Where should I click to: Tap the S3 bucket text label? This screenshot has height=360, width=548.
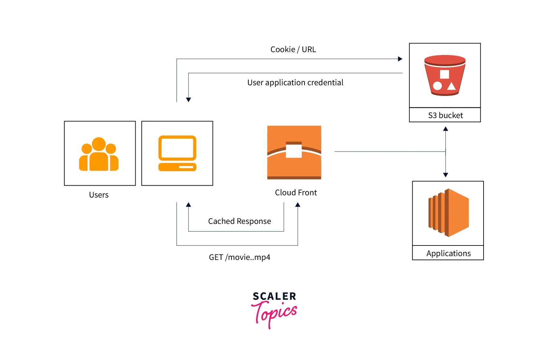[x=445, y=115]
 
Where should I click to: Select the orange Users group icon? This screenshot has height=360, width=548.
[x=99, y=154]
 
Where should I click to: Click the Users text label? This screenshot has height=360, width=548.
[x=99, y=195]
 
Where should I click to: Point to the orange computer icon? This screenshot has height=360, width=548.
[x=177, y=153]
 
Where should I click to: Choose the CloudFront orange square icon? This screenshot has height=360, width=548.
[x=294, y=152]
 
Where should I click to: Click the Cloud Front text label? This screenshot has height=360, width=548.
[x=296, y=193]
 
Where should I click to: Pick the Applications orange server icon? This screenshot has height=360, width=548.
[x=448, y=213]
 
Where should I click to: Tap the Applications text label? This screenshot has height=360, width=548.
[x=448, y=254]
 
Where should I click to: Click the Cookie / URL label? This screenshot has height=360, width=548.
[x=293, y=50]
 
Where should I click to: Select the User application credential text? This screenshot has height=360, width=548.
[x=295, y=83]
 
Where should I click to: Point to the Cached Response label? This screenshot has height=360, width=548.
[x=239, y=221]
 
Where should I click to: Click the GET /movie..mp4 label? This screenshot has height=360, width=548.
[x=239, y=257]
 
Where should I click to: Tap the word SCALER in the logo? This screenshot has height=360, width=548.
[x=274, y=296]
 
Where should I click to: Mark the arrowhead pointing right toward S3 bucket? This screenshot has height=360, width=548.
[x=400, y=59]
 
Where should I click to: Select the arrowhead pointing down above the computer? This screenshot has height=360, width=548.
[x=188, y=100]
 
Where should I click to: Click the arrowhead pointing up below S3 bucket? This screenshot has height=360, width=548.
[x=446, y=129]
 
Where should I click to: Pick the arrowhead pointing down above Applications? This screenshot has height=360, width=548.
[x=446, y=175]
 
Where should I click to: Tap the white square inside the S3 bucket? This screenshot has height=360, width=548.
[x=445, y=74]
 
